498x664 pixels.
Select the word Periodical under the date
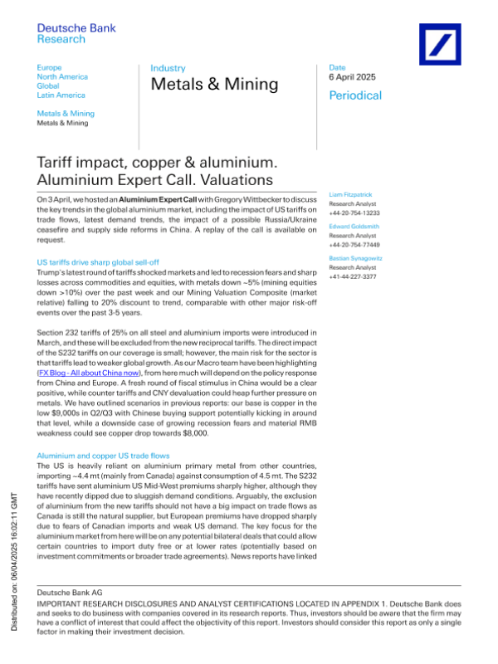tap(355, 95)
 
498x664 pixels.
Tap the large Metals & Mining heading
tap(214, 85)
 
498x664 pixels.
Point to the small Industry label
tap(168, 68)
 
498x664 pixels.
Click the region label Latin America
tap(61, 95)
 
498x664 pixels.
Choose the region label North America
tap(62, 76)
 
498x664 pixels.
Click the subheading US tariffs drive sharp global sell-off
tap(103, 262)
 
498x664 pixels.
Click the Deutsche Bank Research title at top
tap(68, 33)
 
